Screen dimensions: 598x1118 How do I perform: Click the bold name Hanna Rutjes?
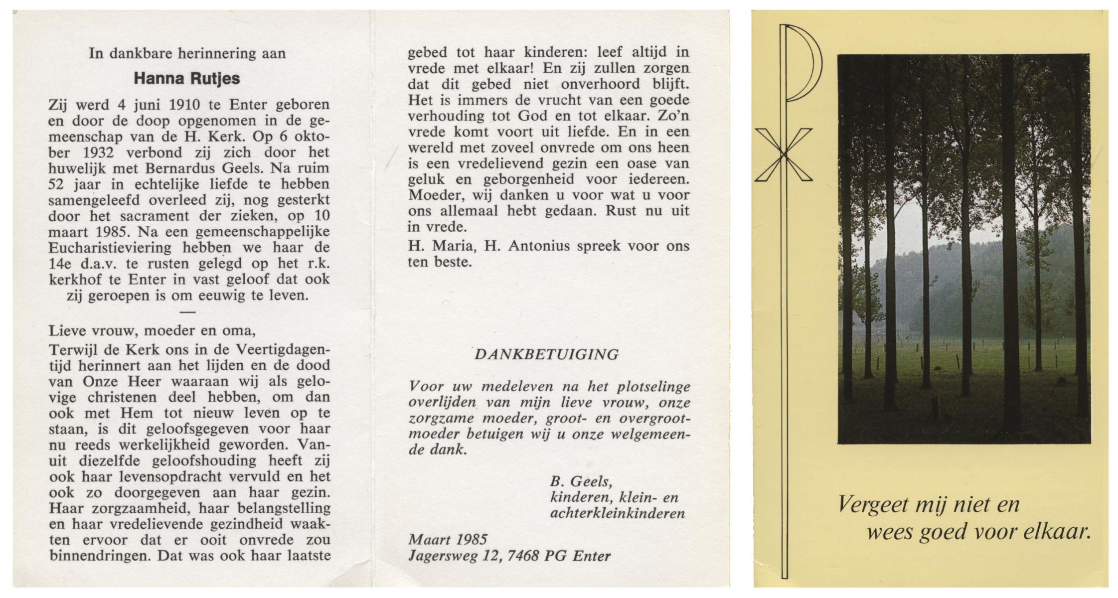tap(187, 79)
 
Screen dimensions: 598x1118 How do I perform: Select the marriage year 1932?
tap(93, 152)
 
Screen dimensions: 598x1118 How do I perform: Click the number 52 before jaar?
tap(57, 184)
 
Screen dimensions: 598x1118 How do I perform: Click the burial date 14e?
tap(59, 264)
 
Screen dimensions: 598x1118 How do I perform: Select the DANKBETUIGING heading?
tap(546, 354)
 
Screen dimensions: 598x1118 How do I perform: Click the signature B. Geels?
tap(581, 481)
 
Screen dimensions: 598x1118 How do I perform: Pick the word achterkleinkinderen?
tap(617, 513)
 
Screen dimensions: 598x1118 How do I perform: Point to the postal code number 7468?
tap(521, 555)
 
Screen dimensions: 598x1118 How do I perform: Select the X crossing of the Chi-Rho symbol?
tap(784, 155)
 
